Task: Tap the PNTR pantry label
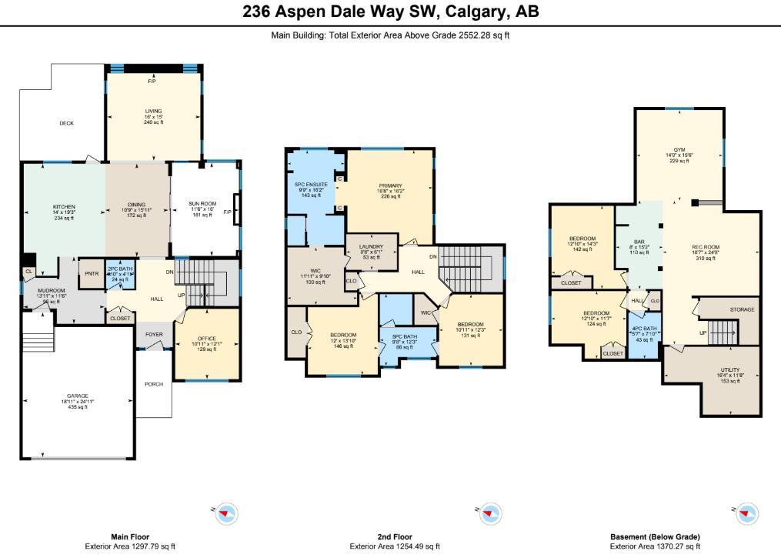pos(91,272)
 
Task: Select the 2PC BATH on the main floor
pos(121,273)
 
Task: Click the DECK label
pos(67,123)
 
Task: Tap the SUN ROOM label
pos(203,204)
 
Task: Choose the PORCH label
pos(154,384)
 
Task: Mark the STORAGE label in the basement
pos(742,309)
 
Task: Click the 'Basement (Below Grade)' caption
pos(655,537)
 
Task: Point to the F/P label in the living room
pos(152,81)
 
